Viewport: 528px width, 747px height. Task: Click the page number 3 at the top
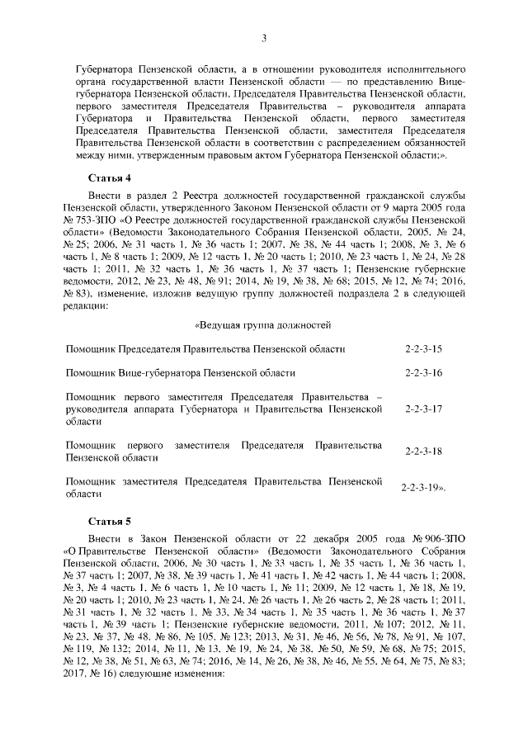pyautogui.click(x=263, y=37)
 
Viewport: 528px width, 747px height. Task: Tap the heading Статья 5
pyautogui.click(x=111, y=522)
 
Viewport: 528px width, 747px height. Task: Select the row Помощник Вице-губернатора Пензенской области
pyautogui.click(x=180, y=374)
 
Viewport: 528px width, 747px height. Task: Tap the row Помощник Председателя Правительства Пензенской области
pyautogui.click(x=205, y=350)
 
